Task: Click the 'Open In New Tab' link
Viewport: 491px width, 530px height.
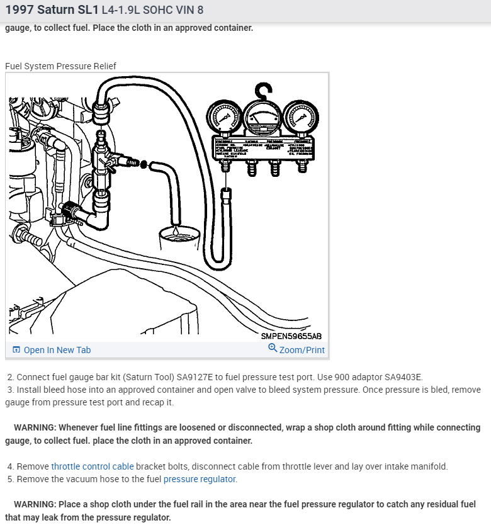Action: (57, 350)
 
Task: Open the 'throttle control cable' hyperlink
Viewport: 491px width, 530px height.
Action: (93, 466)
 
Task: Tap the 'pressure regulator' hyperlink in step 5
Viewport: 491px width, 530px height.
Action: (200, 479)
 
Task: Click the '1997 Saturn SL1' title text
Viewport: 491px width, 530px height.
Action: (51, 11)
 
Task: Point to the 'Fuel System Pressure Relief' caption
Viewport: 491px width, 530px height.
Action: (60, 66)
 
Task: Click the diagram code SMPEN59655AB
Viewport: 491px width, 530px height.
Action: (291, 336)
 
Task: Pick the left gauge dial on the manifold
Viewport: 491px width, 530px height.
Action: (222, 117)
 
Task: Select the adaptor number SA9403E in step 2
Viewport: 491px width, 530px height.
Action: (400, 377)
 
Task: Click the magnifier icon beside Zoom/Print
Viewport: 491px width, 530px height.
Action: (273, 348)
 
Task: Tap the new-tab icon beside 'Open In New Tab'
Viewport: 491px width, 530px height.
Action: (16, 350)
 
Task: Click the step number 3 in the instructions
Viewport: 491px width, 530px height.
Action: (10, 390)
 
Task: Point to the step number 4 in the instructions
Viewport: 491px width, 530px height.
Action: (10, 466)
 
